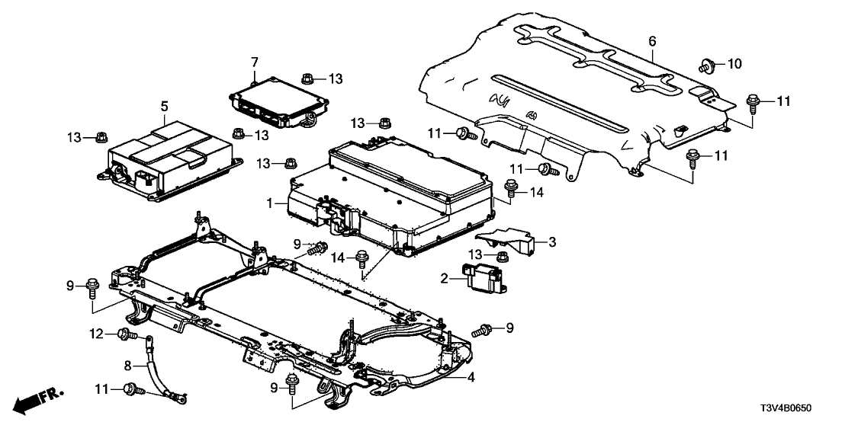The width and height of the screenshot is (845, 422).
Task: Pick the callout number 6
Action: [652, 40]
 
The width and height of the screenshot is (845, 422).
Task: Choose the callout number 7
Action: [255, 61]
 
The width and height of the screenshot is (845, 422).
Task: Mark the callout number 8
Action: [127, 366]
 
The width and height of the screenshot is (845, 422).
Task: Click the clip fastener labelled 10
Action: [706, 65]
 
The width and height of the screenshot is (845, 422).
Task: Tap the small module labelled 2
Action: [482, 276]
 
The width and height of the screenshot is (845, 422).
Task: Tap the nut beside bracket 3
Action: [502, 255]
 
